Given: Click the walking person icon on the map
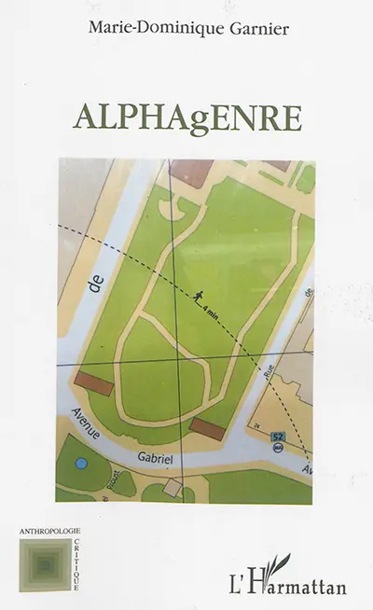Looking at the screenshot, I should point(199,298).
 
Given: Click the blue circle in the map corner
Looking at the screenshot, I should point(81,464).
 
